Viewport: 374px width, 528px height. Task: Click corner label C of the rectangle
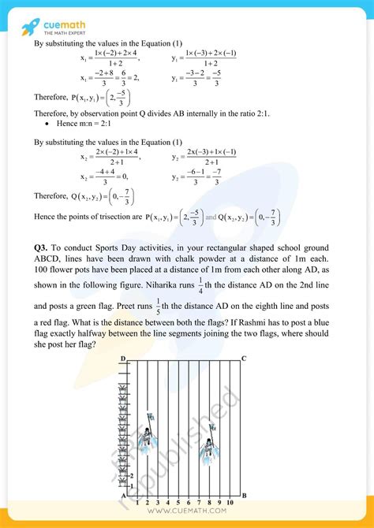coord(244,359)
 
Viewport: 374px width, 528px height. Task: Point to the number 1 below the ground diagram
coord(137,502)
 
